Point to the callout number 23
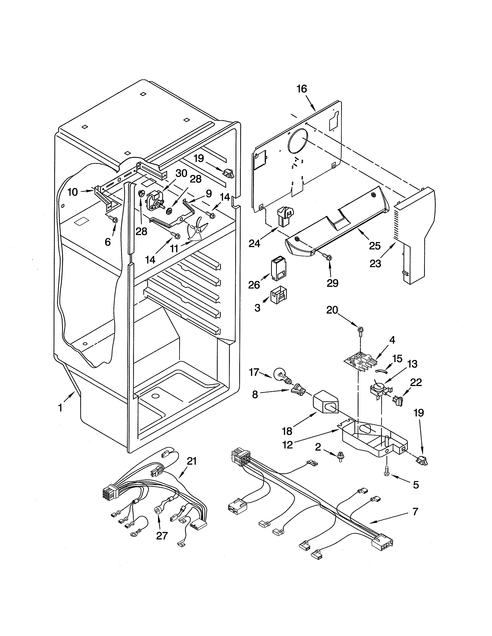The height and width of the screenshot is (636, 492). click(x=375, y=263)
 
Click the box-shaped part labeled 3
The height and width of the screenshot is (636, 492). click(x=278, y=296)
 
